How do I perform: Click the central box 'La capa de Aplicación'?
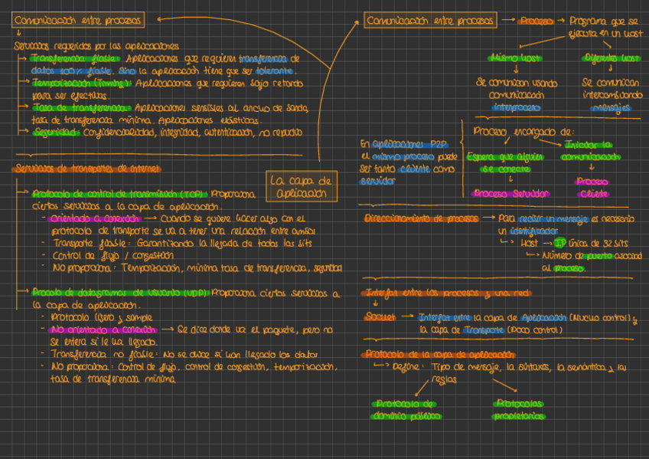click(301, 186)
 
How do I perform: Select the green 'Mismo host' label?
click(515, 58)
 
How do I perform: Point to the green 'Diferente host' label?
click(611, 58)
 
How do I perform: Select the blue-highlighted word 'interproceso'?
click(515, 108)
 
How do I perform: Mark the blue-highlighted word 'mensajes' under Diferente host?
click(611, 108)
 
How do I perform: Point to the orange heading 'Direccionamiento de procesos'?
click(422, 218)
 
